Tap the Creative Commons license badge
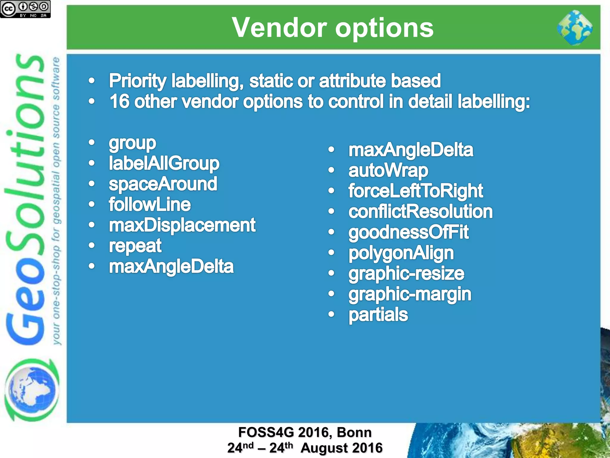point(25,9)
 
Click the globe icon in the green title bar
point(575,28)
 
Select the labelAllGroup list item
point(164,163)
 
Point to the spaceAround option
point(163,184)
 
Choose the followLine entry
point(150,205)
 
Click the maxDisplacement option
point(182,225)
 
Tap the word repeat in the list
point(135,246)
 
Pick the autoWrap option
point(388,171)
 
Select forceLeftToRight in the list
point(416,191)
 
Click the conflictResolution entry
point(420,212)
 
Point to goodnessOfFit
point(408,232)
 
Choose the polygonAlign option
point(401,253)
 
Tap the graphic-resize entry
point(406,274)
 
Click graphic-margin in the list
point(410,294)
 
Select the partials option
point(378,315)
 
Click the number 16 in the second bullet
point(119,102)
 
